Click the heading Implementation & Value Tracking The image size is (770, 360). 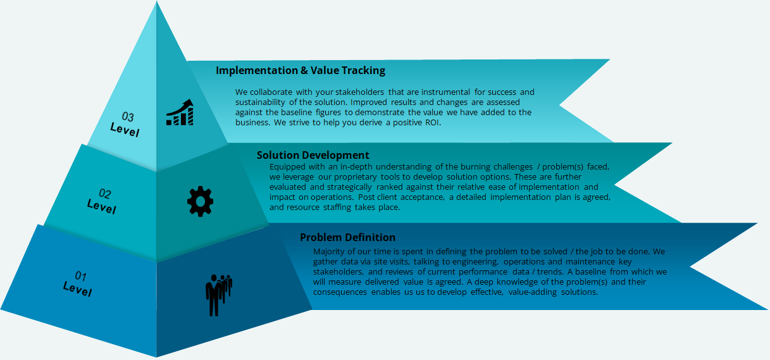click(301, 70)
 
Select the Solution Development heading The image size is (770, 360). click(313, 156)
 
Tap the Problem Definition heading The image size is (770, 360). click(347, 237)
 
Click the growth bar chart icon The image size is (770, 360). click(180, 113)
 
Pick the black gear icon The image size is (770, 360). click(200, 201)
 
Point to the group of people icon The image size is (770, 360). click(219, 295)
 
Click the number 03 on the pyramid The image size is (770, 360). click(128, 116)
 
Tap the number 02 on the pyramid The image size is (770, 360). click(105, 194)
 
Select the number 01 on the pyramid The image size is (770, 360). click(81, 276)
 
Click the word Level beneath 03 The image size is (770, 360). click(125, 130)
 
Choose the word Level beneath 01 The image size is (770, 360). click(77, 289)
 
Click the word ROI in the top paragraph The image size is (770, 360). click(432, 122)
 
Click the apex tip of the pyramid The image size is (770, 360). click(157, 1)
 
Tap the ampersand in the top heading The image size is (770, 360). click(304, 70)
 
